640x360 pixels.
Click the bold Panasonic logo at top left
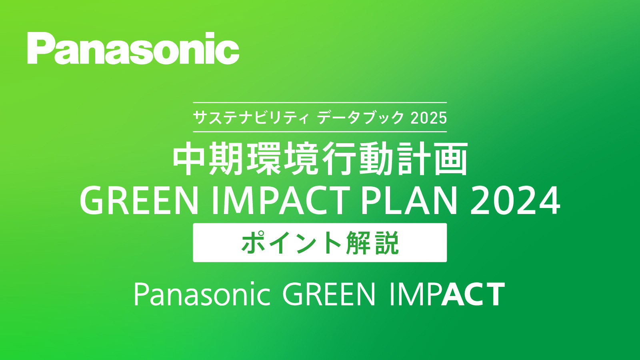coord(133,48)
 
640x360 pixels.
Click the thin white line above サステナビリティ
coord(320,102)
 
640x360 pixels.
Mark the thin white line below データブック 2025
coord(320,132)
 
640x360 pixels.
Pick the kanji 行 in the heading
coord(338,159)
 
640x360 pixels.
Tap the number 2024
coord(515,200)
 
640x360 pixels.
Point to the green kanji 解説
coord(372,243)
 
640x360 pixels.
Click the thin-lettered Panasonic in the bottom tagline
coord(202,294)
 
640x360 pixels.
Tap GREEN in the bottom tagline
coord(329,294)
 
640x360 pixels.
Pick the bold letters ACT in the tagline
coord(473,294)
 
